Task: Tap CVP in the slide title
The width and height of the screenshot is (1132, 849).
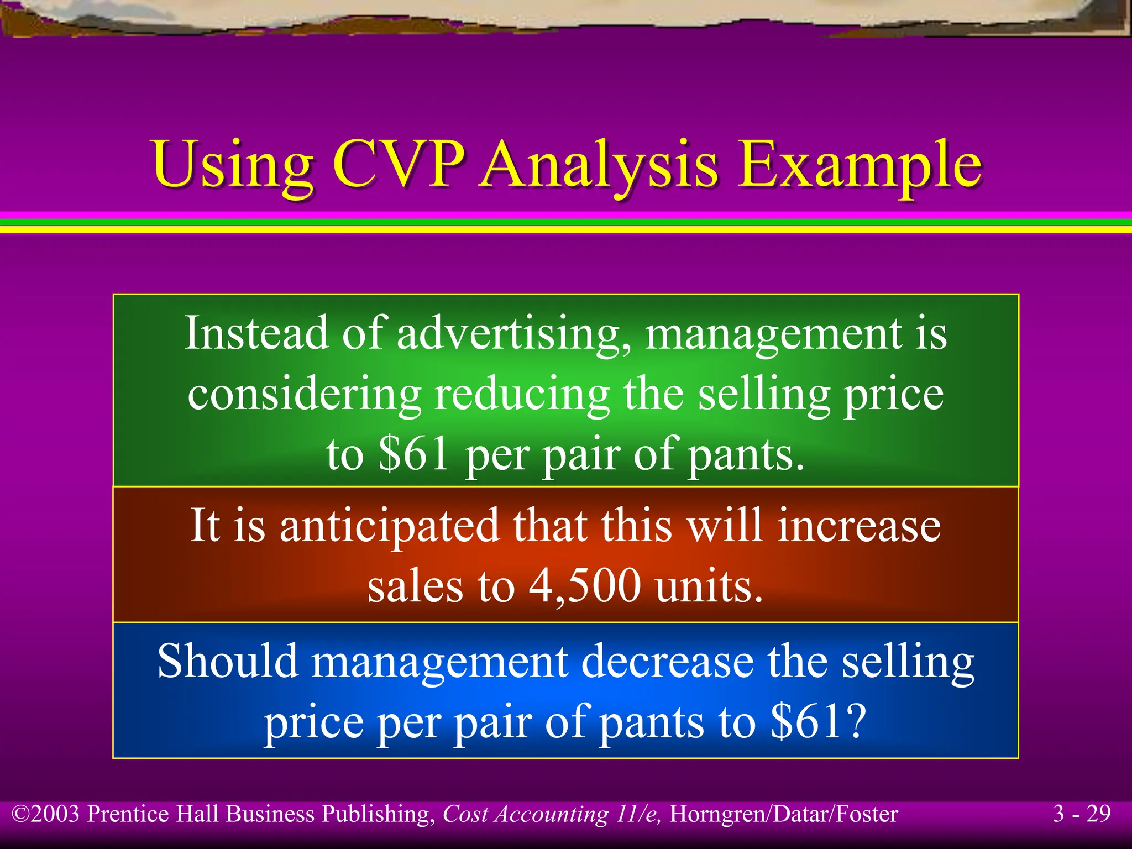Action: click(x=398, y=164)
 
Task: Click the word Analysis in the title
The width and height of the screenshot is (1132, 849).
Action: click(x=599, y=164)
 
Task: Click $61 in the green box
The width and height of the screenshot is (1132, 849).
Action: click(x=413, y=454)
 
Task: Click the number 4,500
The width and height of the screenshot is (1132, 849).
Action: click(x=585, y=586)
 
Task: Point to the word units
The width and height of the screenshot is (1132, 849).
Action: click(x=709, y=586)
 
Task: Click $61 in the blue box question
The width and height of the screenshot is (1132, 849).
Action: click(x=818, y=721)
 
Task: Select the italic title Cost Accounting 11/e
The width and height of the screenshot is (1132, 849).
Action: click(x=552, y=814)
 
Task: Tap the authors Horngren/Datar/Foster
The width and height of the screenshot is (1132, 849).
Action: click(x=784, y=814)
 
